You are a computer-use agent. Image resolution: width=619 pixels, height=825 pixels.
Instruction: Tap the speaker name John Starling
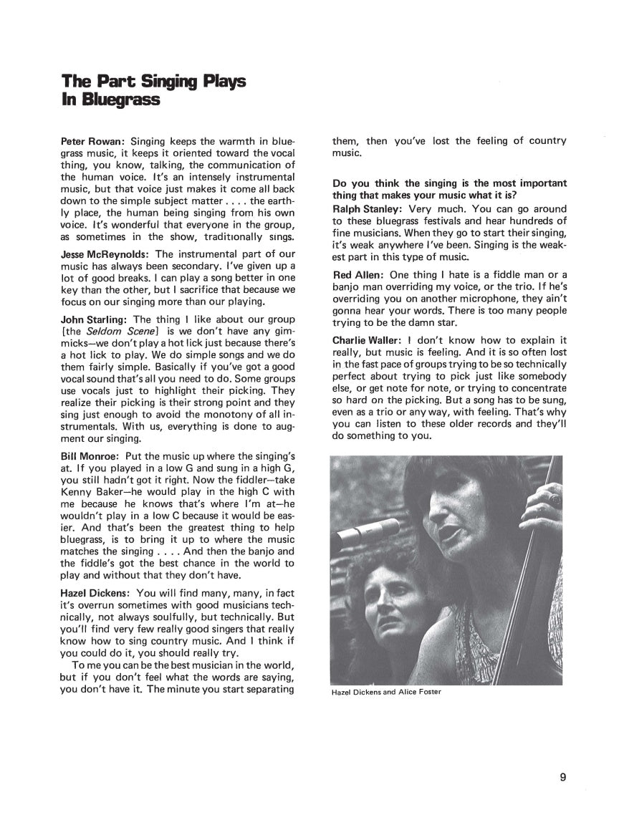click(94, 319)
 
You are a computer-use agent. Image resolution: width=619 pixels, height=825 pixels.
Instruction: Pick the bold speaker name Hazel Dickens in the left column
click(95, 593)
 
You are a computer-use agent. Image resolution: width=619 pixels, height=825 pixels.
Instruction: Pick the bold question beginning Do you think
click(449, 189)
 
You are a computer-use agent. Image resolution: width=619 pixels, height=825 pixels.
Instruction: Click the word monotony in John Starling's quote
click(206, 414)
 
